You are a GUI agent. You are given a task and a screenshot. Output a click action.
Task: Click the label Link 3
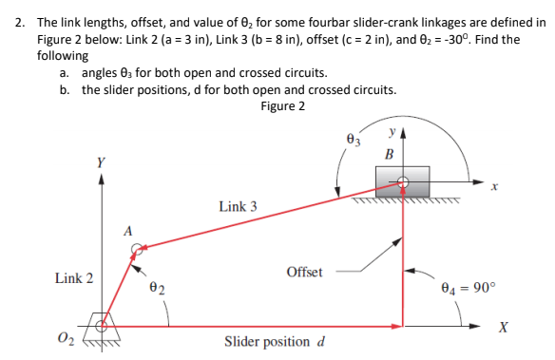pyautogui.click(x=238, y=206)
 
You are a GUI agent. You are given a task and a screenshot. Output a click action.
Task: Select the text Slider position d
pyautogui.click(x=275, y=342)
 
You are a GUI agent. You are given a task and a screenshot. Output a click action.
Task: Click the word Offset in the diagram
pyautogui.click(x=304, y=272)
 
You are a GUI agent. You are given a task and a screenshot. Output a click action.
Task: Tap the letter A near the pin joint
pyautogui.click(x=126, y=229)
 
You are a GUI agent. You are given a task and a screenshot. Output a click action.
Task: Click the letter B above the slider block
pyautogui.click(x=389, y=155)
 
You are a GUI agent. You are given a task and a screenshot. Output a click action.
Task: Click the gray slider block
pyautogui.click(x=404, y=180)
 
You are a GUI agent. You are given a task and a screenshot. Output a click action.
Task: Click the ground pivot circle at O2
pyautogui.click(x=101, y=326)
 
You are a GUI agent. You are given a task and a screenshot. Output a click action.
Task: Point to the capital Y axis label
pyautogui.click(x=101, y=161)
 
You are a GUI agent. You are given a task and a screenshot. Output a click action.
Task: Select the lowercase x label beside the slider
pyautogui.click(x=494, y=191)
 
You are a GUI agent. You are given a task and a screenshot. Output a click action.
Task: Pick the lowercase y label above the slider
pyautogui.click(x=393, y=131)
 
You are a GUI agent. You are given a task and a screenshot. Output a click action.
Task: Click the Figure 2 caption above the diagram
pyautogui.click(x=282, y=105)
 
